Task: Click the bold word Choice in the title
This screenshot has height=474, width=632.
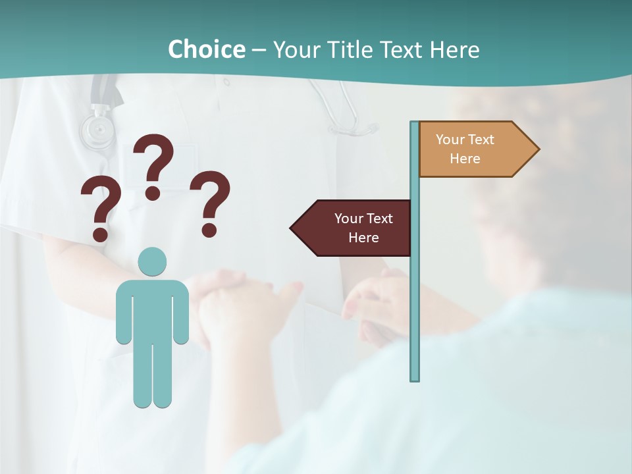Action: point(206,49)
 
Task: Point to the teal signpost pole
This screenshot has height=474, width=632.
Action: point(415,296)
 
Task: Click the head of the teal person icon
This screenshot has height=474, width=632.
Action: point(152,262)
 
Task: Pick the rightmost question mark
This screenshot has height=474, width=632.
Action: point(210,197)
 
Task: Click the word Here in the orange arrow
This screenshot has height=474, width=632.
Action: point(465,159)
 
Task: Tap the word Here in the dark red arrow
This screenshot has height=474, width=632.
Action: point(363,238)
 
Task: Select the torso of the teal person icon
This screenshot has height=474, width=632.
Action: point(152,309)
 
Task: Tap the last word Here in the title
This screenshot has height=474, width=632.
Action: point(454,50)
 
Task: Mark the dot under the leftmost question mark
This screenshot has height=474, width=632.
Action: point(100,234)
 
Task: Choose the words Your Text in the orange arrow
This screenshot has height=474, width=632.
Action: point(465,140)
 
